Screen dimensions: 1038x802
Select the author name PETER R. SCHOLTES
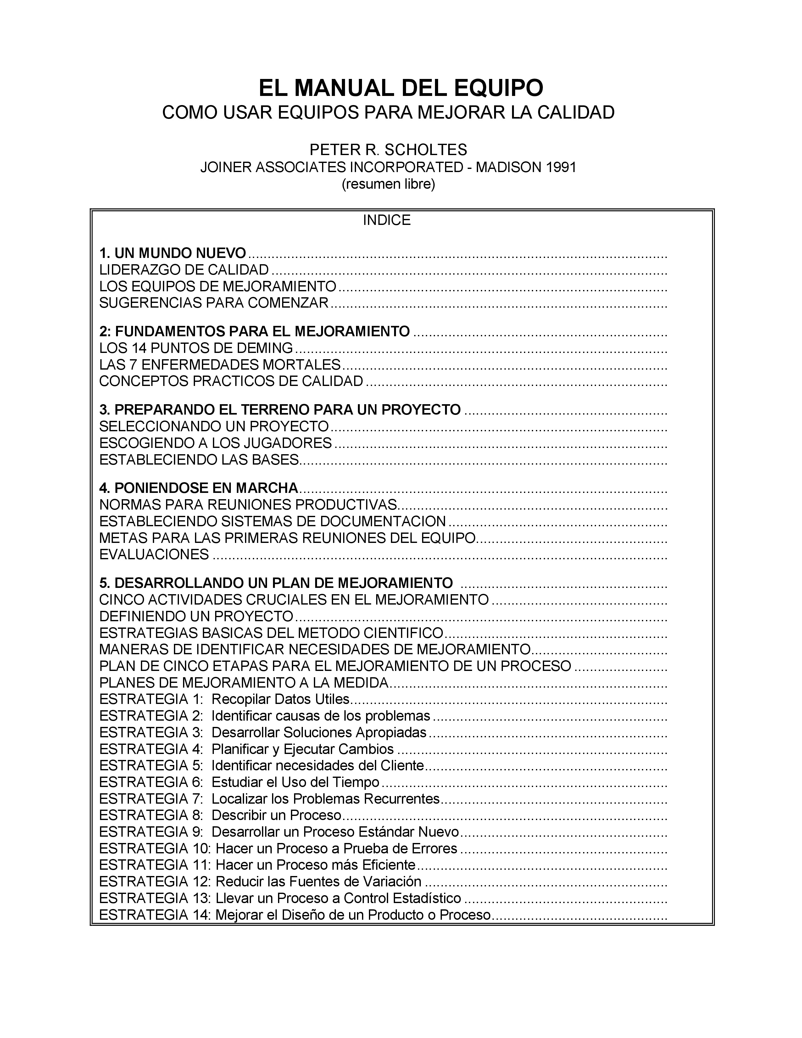pos(388,150)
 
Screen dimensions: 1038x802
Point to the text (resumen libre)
pos(388,184)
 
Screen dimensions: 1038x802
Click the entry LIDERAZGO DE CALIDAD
pos(184,270)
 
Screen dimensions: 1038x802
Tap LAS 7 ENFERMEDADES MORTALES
pos(220,365)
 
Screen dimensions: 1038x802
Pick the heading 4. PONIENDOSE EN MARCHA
pos(198,488)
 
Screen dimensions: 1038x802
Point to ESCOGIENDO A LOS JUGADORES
pos(215,444)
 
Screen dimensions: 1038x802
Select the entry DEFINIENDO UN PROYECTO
pos(196,617)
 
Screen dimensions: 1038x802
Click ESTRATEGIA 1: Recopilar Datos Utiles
pos(224,700)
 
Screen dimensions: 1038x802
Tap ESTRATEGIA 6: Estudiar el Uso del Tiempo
pos(239,782)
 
